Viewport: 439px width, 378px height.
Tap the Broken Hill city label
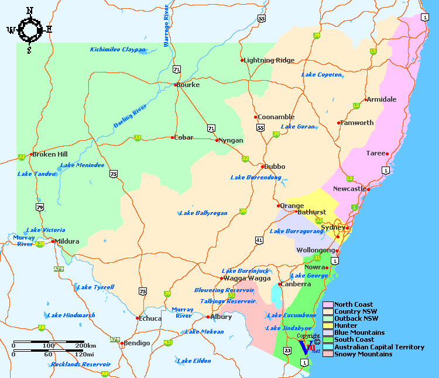[x=50, y=155]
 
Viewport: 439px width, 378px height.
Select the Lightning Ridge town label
[x=270, y=60]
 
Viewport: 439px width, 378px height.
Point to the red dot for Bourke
[x=176, y=85]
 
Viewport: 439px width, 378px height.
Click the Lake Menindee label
[x=83, y=165]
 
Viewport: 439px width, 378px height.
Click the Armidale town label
[x=382, y=99]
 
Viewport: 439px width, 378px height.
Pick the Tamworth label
[x=358, y=123]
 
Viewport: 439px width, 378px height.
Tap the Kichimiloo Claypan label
[x=118, y=50]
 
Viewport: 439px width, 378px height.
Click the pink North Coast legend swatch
[x=328, y=305]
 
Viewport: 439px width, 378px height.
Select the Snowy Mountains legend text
[x=363, y=354]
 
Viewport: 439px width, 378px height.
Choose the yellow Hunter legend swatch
[x=328, y=326]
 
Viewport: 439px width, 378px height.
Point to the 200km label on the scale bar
[x=86, y=346]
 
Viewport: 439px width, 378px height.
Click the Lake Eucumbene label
[x=292, y=315]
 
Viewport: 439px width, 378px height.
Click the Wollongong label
[x=315, y=250]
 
